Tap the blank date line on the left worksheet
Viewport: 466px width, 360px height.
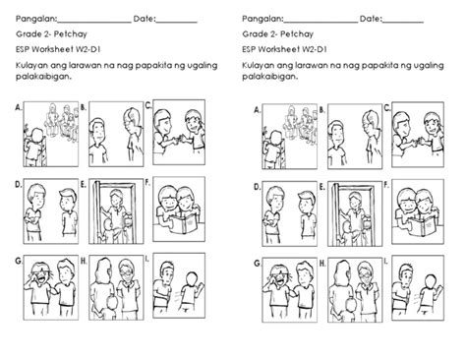click(177, 21)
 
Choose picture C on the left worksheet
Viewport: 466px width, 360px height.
click(181, 133)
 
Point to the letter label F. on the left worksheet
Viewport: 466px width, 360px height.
click(148, 183)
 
